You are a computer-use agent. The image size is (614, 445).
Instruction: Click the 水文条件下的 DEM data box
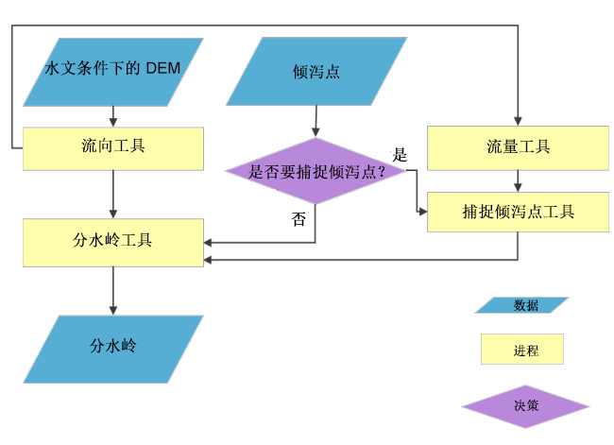(112, 72)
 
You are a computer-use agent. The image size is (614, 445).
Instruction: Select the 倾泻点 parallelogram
(316, 72)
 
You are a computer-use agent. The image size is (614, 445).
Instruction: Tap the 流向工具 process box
(112, 147)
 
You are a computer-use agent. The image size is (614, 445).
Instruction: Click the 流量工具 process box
(518, 147)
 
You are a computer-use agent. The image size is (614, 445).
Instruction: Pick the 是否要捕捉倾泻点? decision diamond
(316, 172)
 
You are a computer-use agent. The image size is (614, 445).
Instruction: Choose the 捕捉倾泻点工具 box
(518, 212)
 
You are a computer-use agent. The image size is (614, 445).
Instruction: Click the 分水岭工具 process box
(112, 241)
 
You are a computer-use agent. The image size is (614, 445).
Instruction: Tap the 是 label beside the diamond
(400, 154)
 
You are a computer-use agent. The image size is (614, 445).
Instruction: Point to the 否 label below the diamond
(298, 220)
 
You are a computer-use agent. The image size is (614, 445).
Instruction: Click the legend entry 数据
(522, 305)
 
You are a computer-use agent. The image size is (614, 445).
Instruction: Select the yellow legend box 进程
(522, 350)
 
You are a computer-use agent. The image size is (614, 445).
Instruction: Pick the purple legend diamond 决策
(525, 406)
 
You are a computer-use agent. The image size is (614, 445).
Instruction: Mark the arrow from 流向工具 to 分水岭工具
(112, 195)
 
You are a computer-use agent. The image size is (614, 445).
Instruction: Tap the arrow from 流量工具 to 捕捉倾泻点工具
(518, 181)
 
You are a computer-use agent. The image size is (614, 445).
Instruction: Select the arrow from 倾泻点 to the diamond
(316, 121)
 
